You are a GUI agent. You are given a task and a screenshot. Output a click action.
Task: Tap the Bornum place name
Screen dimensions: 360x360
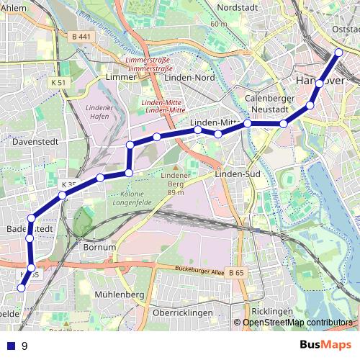pyautogui.click(x=99, y=247)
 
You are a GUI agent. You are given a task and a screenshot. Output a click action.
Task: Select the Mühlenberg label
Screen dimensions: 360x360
pyautogui.click(x=119, y=295)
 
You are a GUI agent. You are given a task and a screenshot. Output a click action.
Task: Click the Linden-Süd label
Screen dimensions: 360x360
pyautogui.click(x=237, y=174)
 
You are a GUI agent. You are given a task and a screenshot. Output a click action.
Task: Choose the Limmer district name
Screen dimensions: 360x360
pyautogui.click(x=120, y=77)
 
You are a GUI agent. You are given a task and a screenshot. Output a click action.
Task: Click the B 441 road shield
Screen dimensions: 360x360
pyautogui.click(x=82, y=37)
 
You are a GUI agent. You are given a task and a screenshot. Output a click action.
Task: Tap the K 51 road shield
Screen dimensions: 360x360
pyautogui.click(x=59, y=83)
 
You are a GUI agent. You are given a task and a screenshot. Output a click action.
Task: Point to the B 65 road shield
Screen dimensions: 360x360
pyautogui.click(x=236, y=273)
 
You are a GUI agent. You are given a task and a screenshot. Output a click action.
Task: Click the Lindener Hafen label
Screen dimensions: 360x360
pyautogui.click(x=99, y=112)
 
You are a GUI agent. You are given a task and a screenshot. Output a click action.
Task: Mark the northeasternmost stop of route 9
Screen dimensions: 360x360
pyautogui.click(x=339, y=53)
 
